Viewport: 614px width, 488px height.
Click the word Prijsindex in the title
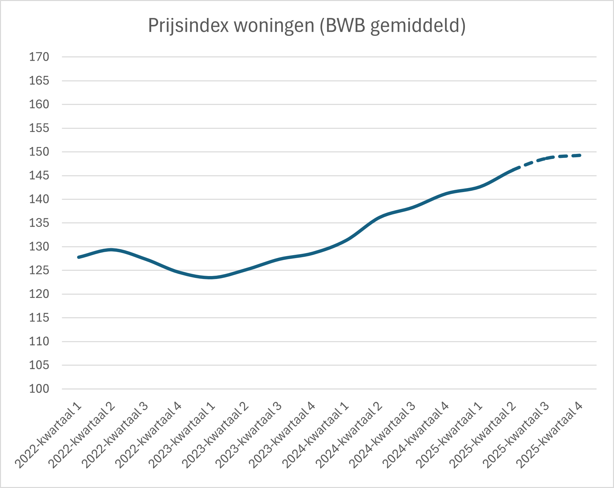(x=188, y=26)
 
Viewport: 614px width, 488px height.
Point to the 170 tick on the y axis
(x=39, y=57)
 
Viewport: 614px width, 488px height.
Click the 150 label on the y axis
(x=39, y=152)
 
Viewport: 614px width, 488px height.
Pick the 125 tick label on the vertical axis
(x=39, y=270)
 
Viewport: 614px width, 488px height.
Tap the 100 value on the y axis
(x=39, y=389)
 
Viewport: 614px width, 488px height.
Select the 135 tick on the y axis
(x=39, y=223)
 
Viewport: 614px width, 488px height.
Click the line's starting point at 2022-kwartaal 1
(x=79, y=257)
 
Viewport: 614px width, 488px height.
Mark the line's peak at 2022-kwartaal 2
(x=112, y=250)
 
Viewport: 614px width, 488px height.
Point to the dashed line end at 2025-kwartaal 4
(x=580, y=155)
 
